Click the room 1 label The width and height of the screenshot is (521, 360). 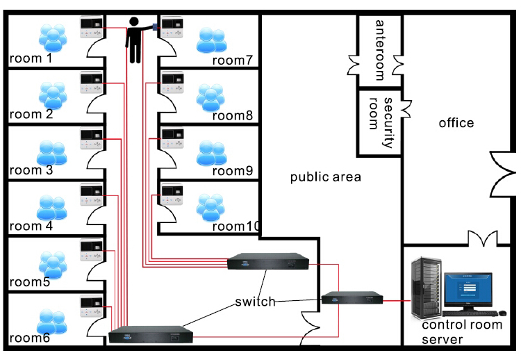(31, 58)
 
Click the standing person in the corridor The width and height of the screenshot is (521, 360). (135, 42)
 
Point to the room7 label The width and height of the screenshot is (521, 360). (232, 60)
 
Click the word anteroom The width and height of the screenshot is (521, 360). (379, 42)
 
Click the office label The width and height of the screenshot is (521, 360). (456, 123)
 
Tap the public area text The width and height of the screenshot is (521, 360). (326, 177)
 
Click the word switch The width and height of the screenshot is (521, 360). (255, 302)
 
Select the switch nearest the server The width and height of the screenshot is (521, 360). (352, 299)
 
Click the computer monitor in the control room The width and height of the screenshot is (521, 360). (468, 289)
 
